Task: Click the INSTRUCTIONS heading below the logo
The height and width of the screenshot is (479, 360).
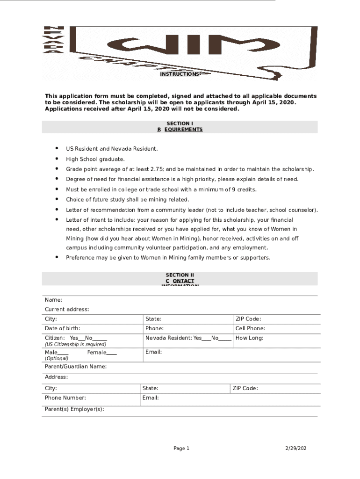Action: click(180, 74)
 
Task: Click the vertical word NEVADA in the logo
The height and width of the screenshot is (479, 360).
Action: click(48, 40)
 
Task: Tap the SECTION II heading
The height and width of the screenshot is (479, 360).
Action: click(180, 275)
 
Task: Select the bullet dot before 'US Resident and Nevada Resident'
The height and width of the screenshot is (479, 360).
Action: click(57, 148)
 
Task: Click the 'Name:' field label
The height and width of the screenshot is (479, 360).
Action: click(54, 300)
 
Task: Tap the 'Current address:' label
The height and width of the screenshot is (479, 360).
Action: click(67, 310)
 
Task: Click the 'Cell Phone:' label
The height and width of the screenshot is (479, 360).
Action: click(250, 329)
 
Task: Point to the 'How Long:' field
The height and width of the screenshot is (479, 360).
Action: click(249, 338)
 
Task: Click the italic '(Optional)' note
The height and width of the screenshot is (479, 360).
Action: click(57, 359)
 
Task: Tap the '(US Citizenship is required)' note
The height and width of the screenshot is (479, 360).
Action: click(75, 345)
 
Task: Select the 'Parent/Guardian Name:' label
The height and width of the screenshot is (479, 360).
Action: click(76, 367)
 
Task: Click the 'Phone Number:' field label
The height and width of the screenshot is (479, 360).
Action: click(65, 398)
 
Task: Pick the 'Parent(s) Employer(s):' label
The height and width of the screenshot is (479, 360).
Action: click(74, 409)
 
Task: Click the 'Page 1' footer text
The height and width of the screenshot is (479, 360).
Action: click(181, 449)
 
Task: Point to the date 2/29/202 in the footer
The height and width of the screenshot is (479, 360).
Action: click(296, 449)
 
